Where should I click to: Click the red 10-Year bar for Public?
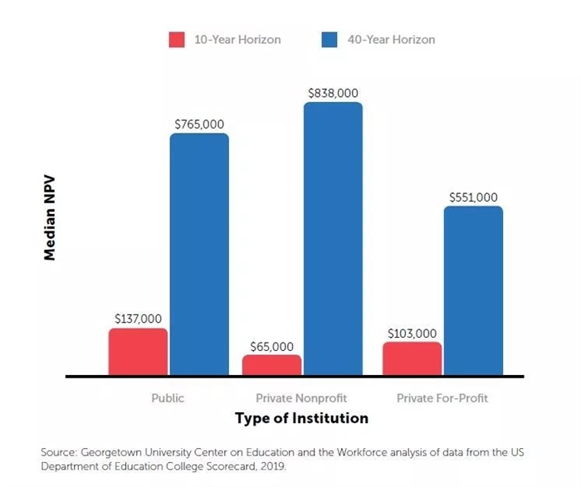pos(138,352)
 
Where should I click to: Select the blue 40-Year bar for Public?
pos(199,254)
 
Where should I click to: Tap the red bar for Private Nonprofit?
pos(272,365)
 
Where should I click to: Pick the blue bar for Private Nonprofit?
pos(333,239)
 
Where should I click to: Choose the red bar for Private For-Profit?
pos(413,358)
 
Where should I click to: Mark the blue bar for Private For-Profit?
pos(473,290)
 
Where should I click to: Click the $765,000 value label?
pos(199,124)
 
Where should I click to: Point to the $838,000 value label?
pos(333,94)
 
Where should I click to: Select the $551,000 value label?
pos(473,197)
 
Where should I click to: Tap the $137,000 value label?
pos(138,319)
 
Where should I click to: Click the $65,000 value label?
pos(272,346)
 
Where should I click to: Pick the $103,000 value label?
pos(413,334)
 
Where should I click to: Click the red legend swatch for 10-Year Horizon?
pos(177,40)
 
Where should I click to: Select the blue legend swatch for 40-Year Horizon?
pos(330,40)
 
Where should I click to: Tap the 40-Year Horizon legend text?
pos(390,40)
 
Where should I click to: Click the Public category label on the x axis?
pos(168,398)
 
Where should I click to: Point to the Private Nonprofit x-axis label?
pos(301,398)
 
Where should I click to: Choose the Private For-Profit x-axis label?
pos(442,398)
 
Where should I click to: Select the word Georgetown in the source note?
pos(114,452)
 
